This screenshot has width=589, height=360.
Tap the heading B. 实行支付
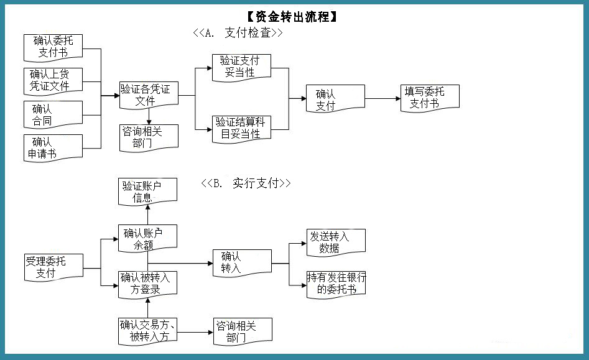(x=246, y=183)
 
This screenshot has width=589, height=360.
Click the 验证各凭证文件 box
(x=149, y=95)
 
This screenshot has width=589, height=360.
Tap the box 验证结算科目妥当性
(x=241, y=128)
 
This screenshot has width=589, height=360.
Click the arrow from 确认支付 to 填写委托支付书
(x=383, y=98)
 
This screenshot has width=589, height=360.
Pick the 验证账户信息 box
(x=147, y=192)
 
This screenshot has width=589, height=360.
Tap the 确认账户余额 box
(x=147, y=239)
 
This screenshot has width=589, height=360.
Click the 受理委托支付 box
(x=53, y=267)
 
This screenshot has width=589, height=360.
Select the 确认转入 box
(x=242, y=262)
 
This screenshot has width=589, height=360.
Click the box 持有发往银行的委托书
(x=336, y=283)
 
